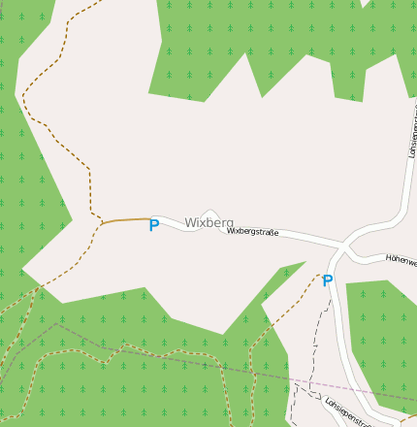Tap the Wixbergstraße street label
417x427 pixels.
click(253, 232)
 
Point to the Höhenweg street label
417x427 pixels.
click(401, 260)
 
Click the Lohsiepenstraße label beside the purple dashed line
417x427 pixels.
click(349, 411)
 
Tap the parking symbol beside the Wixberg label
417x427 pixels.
click(153, 225)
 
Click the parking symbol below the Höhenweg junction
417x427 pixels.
click(328, 280)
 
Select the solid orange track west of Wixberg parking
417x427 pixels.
click(124, 220)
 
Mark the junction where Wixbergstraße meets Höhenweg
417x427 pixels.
click(341, 244)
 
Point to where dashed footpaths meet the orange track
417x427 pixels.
click(101, 223)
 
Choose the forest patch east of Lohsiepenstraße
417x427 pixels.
click(383, 330)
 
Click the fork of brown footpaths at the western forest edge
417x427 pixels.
click(39, 287)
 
